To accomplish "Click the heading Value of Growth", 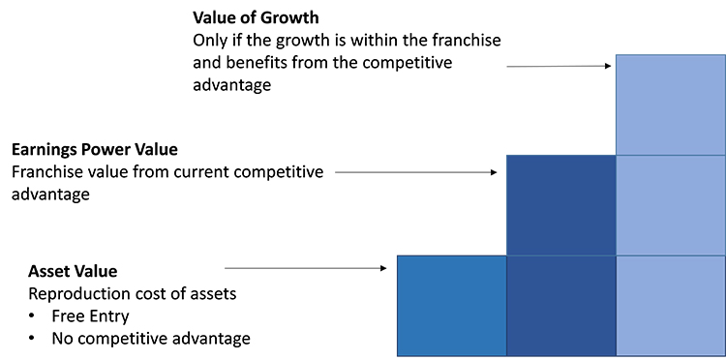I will point(257,18).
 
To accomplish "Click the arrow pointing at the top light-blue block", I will point(560,66).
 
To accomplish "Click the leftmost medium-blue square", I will point(452,306).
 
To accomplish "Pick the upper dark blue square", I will point(561,205).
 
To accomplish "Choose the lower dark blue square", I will point(561,306).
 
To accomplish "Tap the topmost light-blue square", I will point(670,105).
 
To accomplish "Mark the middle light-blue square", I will point(670,205).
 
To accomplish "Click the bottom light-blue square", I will point(670,306).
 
